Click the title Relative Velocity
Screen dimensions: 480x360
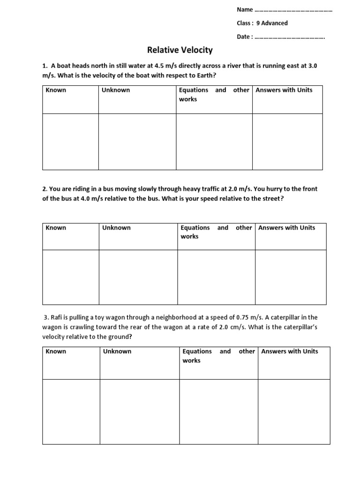[180, 50]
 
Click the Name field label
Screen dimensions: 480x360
[245, 10]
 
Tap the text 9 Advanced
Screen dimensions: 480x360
[272, 23]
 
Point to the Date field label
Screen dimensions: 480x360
[245, 37]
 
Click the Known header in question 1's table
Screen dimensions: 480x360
[56, 90]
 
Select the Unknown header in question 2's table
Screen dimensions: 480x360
[116, 228]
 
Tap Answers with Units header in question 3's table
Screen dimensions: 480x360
[289, 352]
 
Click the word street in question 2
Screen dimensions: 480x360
[272, 199]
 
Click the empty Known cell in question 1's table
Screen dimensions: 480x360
[70, 142]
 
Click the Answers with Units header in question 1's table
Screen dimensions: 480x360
[284, 90]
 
